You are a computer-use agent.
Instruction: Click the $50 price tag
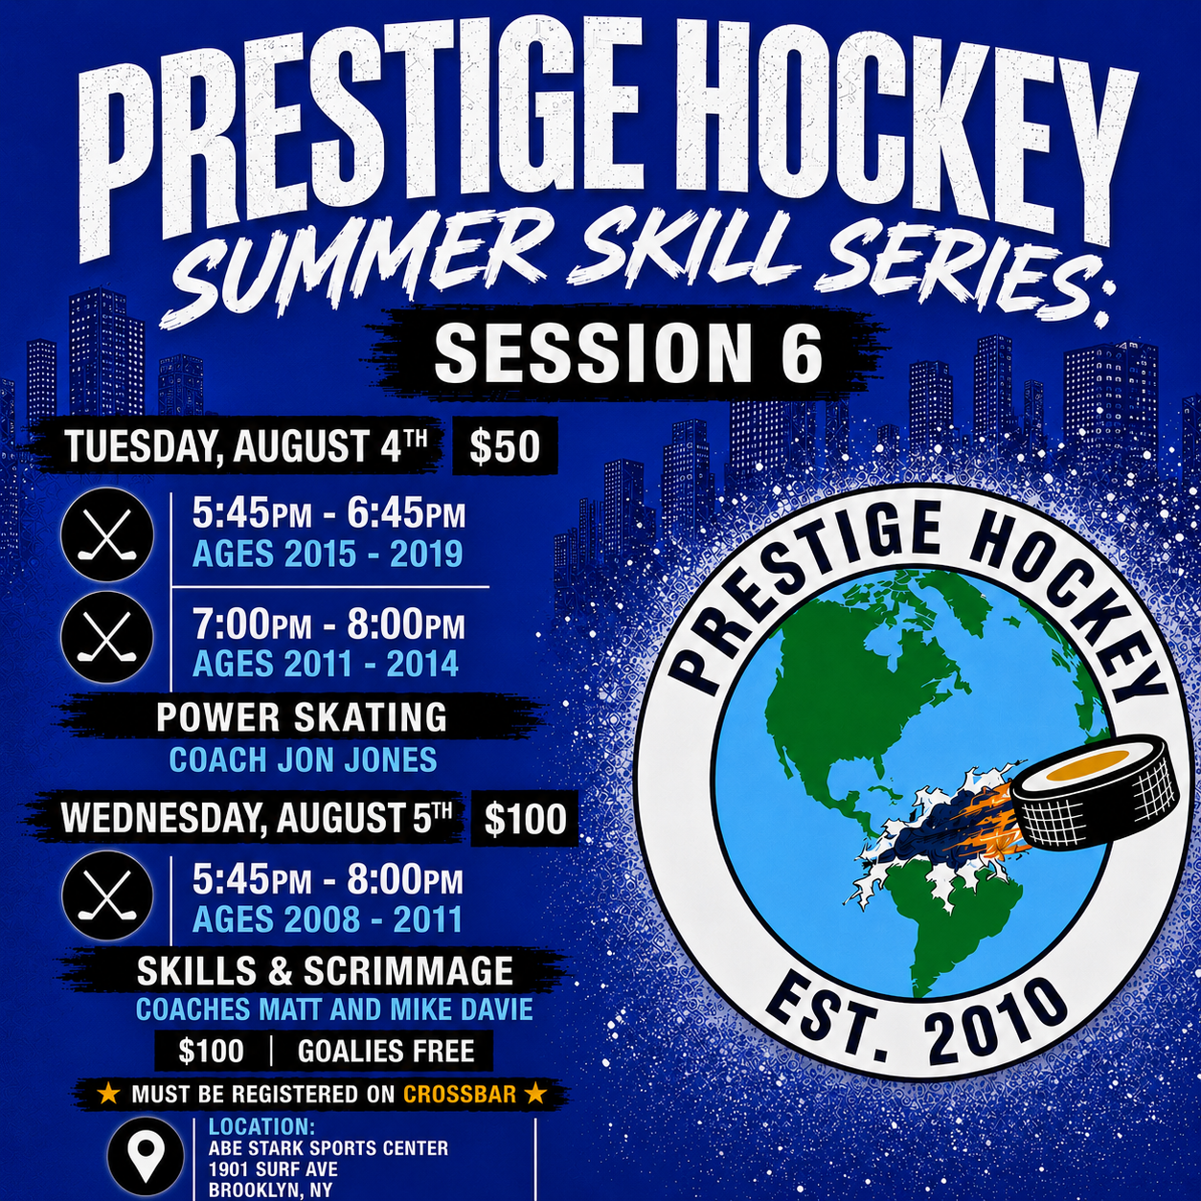505,447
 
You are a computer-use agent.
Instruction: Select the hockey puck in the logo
1095,789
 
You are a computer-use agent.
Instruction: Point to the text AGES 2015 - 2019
328,554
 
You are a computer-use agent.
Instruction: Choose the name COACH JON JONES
304,759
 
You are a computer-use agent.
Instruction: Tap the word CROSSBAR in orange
460,1095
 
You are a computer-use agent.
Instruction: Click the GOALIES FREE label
386,1052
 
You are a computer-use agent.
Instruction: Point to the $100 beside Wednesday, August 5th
526,819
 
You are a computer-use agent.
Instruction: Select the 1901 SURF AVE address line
274,1168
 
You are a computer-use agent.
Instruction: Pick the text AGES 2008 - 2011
328,919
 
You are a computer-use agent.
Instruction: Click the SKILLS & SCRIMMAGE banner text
325,970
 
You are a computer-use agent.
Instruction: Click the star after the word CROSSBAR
534,1094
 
